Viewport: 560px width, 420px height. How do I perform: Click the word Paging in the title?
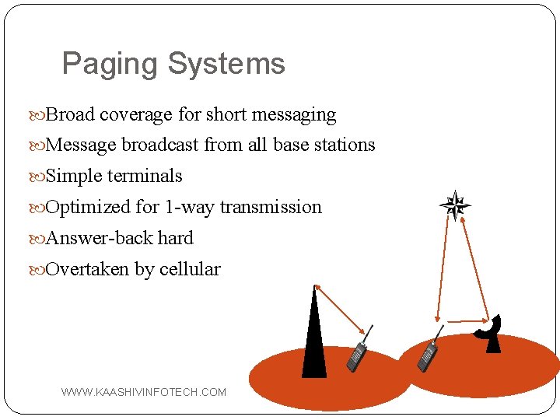pos(108,65)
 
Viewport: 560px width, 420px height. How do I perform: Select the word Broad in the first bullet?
pos(70,115)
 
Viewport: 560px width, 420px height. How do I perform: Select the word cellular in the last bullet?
pos(190,270)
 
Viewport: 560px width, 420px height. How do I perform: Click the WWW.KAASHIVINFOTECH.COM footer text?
pos(144,392)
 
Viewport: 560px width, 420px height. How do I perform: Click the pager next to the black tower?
pos(359,354)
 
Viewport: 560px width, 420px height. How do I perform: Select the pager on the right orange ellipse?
pos(428,355)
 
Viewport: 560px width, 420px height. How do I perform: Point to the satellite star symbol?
pos(455,207)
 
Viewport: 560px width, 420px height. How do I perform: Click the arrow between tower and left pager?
pos(340,310)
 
